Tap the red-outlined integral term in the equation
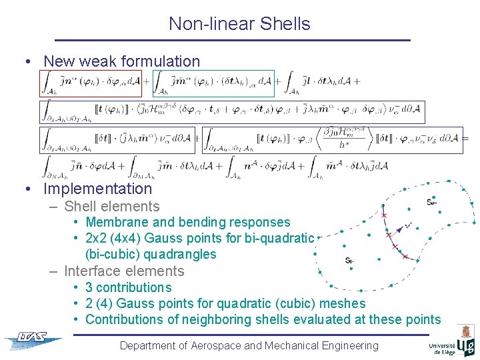(91, 83)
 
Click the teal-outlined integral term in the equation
(213, 83)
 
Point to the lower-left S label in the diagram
(349, 261)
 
